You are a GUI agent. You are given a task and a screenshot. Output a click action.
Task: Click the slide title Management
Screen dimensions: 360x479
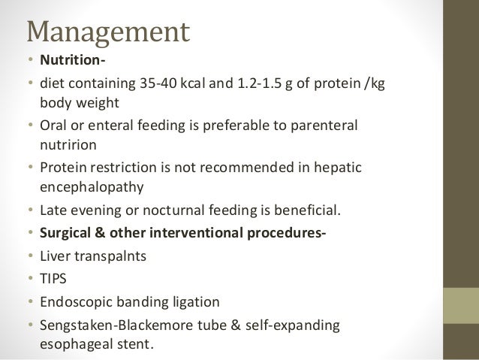tap(108, 32)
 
